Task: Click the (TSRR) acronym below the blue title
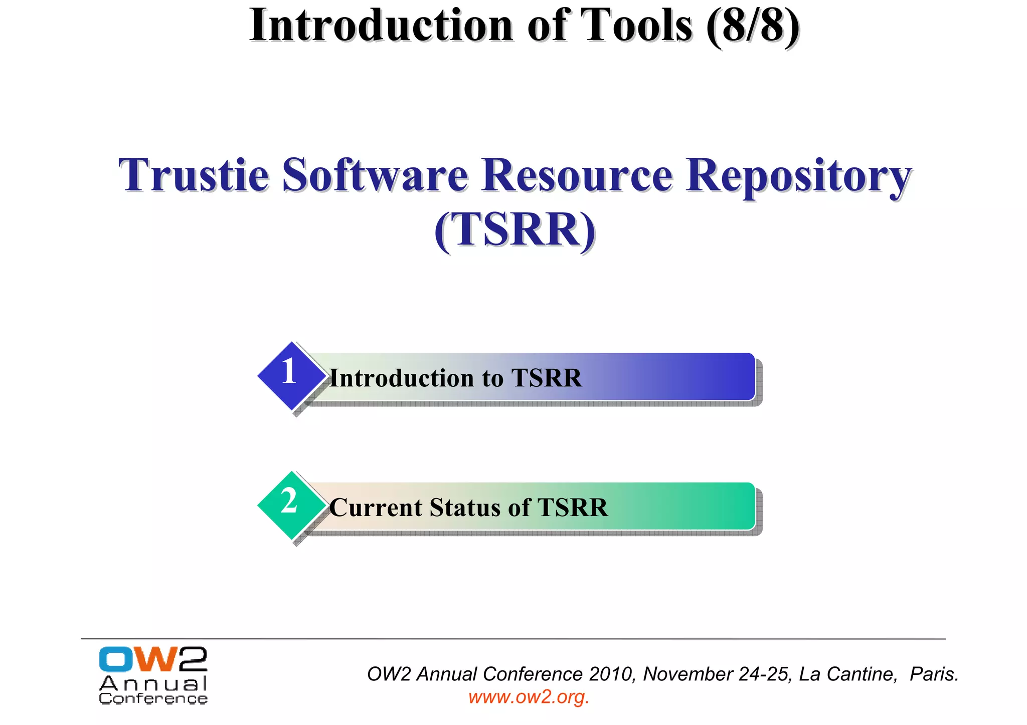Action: pyautogui.click(x=515, y=229)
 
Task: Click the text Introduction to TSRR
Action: pyautogui.click(x=455, y=378)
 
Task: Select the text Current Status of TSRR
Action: pyautogui.click(x=468, y=507)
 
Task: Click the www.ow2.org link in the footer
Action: pyautogui.click(x=529, y=697)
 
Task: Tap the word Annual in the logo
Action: pyautogui.click(x=153, y=683)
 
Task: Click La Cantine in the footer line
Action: pyautogui.click(x=847, y=674)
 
